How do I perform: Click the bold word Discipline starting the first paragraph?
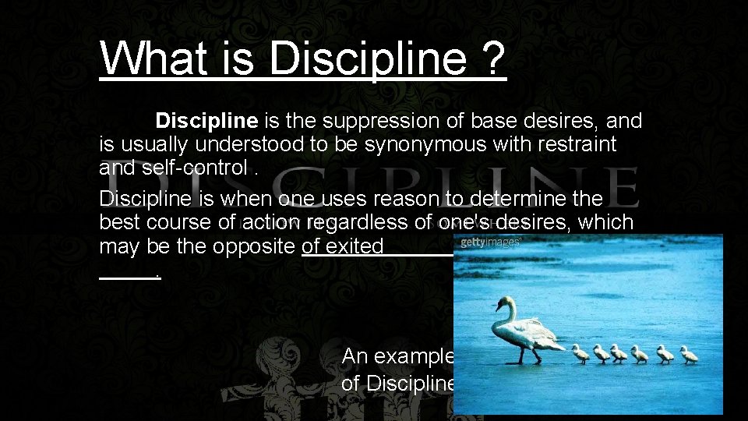[x=206, y=121]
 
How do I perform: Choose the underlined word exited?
[x=355, y=246]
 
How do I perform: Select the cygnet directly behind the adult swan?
[x=581, y=353]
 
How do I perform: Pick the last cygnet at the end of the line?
[x=689, y=355]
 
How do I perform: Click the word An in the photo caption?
[x=355, y=356]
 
